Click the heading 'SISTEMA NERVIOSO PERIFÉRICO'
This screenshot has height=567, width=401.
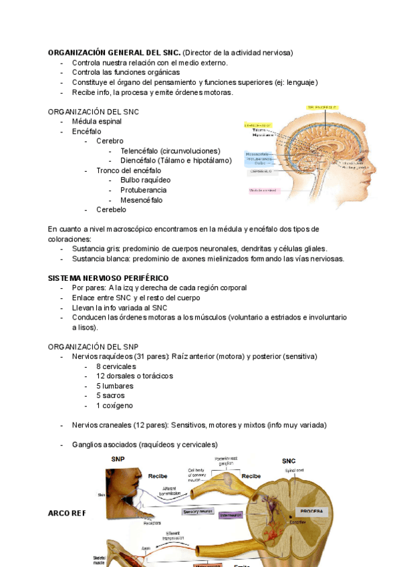tap(108, 277)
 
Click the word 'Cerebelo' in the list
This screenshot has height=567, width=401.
tap(111, 209)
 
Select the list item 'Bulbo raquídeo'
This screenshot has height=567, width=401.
tap(145, 180)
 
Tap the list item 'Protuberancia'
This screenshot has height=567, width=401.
tap(144, 190)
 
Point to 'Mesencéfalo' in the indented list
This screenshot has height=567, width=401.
tap(141, 200)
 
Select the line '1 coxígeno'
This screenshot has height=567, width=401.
tap(114, 405)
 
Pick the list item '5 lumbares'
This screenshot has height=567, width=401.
tap(114, 386)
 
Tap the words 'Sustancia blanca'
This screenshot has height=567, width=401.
tap(100, 259)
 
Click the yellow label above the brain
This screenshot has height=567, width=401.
tap(322, 107)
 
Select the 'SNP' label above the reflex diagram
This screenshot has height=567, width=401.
tap(118, 459)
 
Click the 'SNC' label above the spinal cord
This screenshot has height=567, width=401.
tap(289, 461)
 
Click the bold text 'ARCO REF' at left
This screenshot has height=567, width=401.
tap(67, 513)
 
